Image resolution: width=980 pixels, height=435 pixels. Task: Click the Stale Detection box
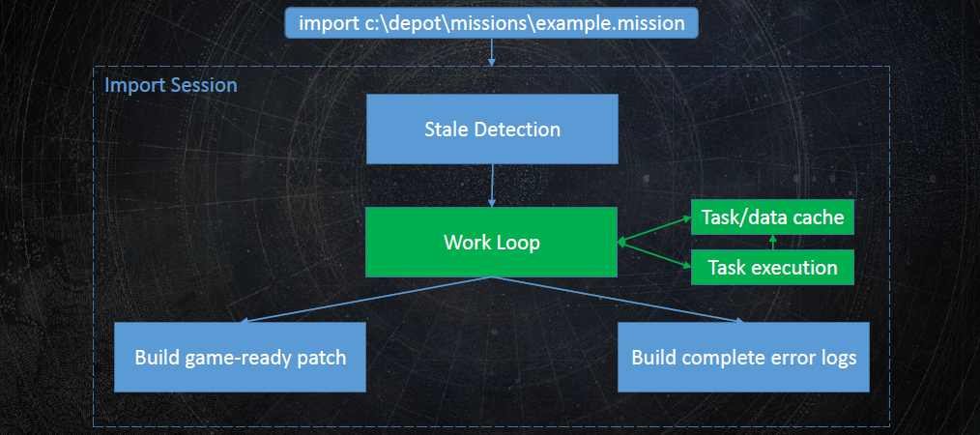pos(492,129)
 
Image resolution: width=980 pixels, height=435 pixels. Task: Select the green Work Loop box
pos(491,242)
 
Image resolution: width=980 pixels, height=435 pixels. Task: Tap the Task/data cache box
pos(772,217)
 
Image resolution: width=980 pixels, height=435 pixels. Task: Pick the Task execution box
pos(772,268)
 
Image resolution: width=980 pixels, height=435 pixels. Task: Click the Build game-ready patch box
pos(240,357)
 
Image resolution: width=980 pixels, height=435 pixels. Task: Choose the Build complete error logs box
pos(744,357)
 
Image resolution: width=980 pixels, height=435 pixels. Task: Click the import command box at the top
pos(491,23)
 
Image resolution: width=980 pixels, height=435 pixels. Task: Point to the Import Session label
pos(171,85)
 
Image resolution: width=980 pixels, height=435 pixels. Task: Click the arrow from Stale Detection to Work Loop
pos(492,186)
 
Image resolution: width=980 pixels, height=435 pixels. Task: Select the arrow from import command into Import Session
pos(492,52)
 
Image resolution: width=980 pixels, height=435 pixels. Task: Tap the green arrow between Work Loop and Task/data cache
pos(654,229)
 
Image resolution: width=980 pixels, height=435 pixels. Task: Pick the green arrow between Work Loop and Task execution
pos(654,254)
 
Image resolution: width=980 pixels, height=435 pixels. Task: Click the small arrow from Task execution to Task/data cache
pos(772,243)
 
